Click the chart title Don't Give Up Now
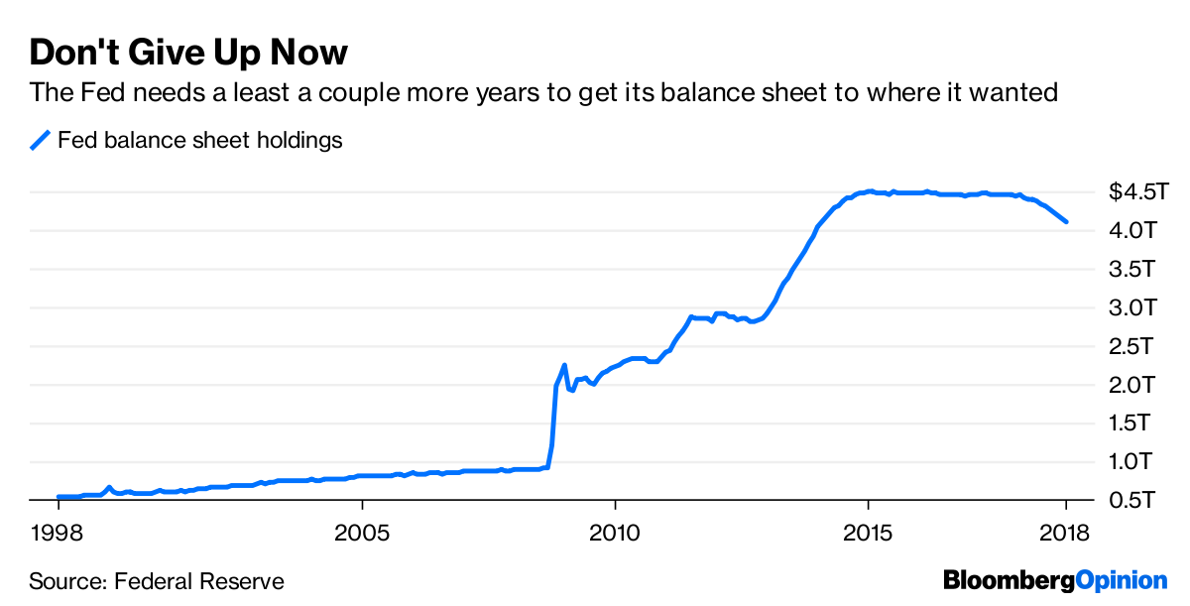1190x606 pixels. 188,52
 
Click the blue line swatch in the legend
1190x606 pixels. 40,141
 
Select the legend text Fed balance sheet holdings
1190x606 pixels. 199,141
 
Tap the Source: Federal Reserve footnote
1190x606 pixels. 157,581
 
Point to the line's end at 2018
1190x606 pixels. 1066,221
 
